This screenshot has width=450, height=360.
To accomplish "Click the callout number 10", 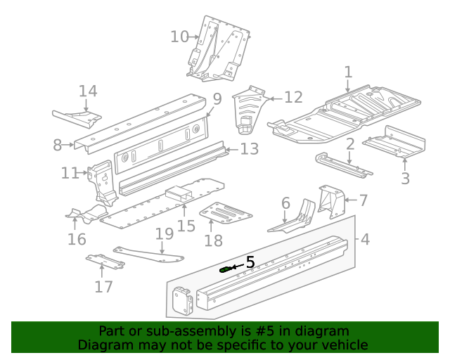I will [180, 37].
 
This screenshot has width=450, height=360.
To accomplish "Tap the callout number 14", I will [88, 91].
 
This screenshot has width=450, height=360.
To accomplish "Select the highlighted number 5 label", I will [249, 262].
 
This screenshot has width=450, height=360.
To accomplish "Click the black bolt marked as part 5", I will [226, 268].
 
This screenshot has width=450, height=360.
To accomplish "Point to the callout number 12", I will [292, 98].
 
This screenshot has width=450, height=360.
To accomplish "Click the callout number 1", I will [348, 72].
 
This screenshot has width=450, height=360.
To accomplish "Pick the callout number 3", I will [405, 179].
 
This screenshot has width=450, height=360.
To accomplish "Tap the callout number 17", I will [103, 286].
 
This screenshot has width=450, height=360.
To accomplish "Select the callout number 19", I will [164, 233].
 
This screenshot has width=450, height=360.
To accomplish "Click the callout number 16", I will [77, 239].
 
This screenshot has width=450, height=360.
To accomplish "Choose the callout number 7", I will [363, 200].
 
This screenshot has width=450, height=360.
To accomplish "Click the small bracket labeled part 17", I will [105, 262].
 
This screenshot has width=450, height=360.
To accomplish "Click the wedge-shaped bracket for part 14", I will [77, 114].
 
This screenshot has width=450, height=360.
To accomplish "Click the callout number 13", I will [250, 149].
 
